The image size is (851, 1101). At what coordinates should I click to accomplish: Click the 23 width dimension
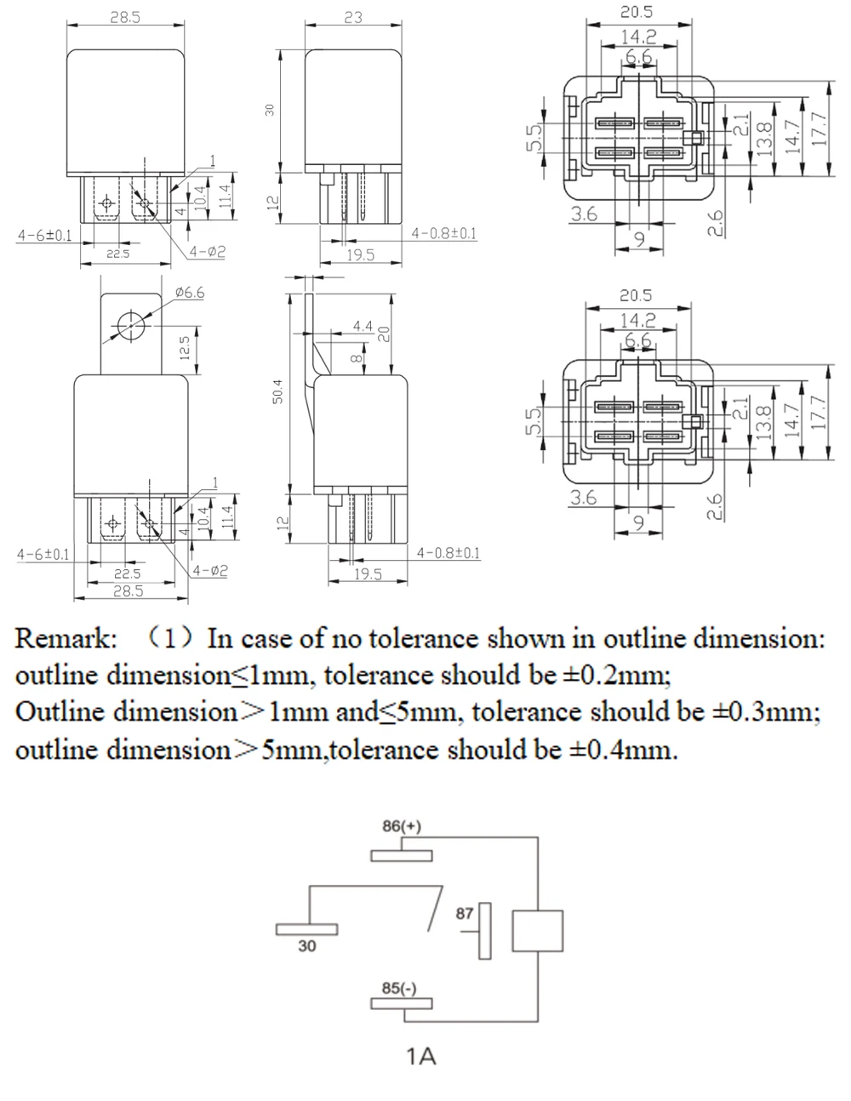[353, 17]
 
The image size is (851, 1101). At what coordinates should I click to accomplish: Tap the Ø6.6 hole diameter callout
[190, 293]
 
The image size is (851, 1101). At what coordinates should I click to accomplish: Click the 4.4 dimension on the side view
[363, 326]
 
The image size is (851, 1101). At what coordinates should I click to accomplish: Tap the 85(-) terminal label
[399, 988]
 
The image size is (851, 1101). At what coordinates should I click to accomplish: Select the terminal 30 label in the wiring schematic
[307, 944]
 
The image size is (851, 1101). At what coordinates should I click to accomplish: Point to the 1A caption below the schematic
[421, 1057]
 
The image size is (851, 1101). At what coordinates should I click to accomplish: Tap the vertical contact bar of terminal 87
[486, 931]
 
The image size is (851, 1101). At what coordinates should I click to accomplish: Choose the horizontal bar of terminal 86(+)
[401, 855]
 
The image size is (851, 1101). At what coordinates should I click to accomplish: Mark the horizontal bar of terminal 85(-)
[401, 1003]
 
